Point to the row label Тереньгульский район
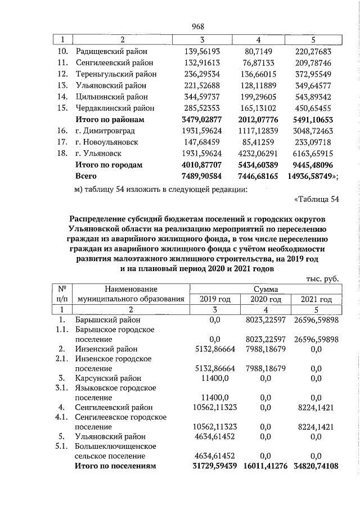[116, 74]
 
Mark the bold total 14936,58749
[312, 177]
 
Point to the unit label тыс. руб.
[323, 278]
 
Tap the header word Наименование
[131, 289]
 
